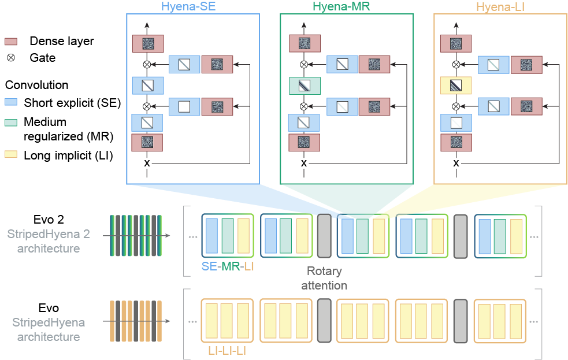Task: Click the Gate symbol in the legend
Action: (x=11, y=58)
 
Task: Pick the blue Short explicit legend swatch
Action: (x=13, y=103)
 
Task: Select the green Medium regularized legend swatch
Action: (x=13, y=122)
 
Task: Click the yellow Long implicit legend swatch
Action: (x=13, y=155)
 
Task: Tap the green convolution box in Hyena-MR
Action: (x=304, y=86)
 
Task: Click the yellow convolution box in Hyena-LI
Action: (x=456, y=86)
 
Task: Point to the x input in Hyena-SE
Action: (x=147, y=164)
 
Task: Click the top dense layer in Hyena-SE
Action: (x=147, y=44)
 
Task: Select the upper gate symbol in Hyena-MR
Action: (x=304, y=64)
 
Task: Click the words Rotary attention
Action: (x=324, y=278)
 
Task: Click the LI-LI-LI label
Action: (x=227, y=351)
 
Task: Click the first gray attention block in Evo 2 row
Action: (x=324, y=236)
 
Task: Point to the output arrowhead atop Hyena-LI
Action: (x=456, y=25)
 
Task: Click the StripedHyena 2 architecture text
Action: (x=44, y=242)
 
